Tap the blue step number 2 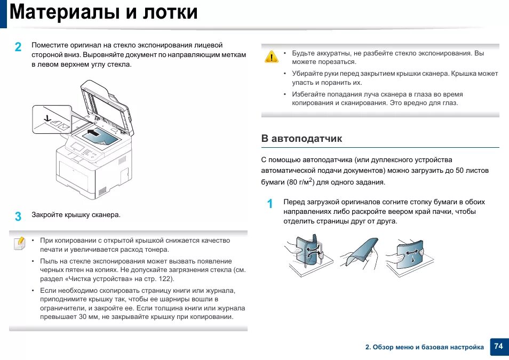pos(18,47)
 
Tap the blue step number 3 pos(18,217)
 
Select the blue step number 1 pos(270,204)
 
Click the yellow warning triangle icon pos(272,57)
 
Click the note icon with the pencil pos(19,243)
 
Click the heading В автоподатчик pos(301,139)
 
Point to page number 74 pos(498,346)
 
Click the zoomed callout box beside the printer pos(52,119)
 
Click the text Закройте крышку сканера pos(76,215)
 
